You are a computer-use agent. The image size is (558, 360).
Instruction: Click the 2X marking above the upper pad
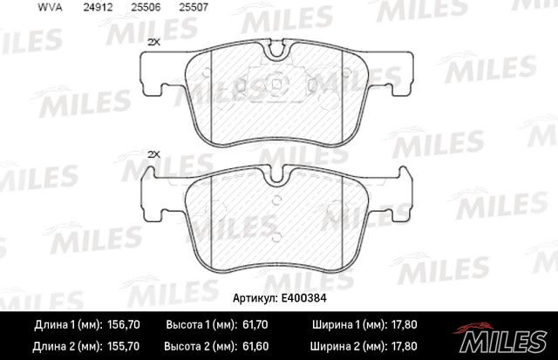(154, 42)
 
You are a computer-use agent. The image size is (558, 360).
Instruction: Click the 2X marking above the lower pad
(154, 153)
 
